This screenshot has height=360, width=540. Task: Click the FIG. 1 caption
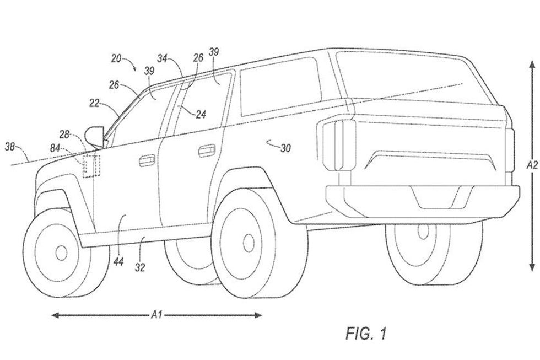366,333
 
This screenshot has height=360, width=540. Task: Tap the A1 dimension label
156,315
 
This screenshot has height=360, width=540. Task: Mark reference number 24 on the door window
201,115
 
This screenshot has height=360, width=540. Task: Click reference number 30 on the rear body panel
285,147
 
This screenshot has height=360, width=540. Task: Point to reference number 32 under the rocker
141,268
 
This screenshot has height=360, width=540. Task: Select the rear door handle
207,149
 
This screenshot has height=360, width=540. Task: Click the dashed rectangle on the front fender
90,166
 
